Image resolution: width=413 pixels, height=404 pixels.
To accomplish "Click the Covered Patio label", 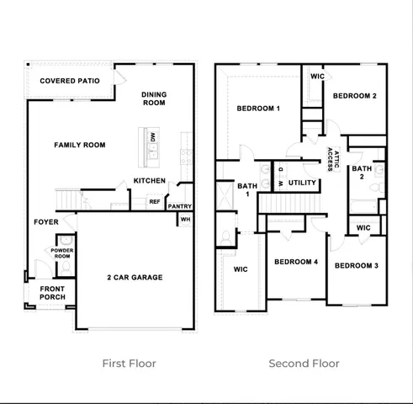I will coord(70,81).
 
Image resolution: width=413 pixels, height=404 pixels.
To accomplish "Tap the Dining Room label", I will coord(155,98).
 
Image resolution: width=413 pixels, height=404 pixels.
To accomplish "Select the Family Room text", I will coord(80,145).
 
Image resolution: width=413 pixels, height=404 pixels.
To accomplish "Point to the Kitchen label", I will coord(149,181).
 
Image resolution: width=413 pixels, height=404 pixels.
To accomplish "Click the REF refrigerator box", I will coord(155,201).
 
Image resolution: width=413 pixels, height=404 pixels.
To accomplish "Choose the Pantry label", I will coord(180,206).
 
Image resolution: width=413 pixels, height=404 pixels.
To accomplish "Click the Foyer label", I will coord(45,222).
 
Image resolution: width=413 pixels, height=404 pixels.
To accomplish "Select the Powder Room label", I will coord(62,252).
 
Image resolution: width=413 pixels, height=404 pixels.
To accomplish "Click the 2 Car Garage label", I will coord(135,277).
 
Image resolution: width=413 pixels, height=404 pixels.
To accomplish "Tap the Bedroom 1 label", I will coord(258,109).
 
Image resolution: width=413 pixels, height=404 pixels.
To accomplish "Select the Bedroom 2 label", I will coord(354,96).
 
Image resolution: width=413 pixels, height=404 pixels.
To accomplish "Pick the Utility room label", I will coord(302,182).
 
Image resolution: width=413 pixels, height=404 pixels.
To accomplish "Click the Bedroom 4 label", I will coord(296,262).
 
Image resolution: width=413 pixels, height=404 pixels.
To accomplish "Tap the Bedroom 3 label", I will coord(356,266).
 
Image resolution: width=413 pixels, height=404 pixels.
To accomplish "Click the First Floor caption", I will coord(129,364).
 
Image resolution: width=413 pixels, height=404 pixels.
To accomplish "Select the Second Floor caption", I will coord(304,364).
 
